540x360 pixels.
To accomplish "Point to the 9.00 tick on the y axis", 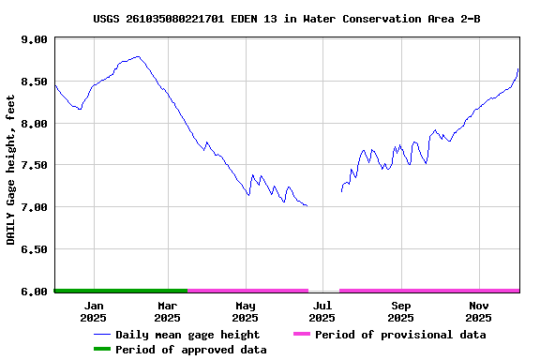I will click(x=34, y=40).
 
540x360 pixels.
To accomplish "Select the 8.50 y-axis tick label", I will click(x=34, y=82).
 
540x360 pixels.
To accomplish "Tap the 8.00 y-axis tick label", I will click(x=34, y=124).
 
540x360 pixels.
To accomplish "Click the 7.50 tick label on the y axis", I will click(x=34, y=165).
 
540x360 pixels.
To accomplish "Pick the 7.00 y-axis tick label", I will click(x=34, y=207).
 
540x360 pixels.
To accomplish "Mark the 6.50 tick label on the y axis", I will click(x=34, y=249).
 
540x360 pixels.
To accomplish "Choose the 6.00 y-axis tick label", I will click(x=34, y=291).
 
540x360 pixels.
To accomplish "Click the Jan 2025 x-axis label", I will click(x=94, y=311).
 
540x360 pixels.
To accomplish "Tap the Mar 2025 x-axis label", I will click(x=167, y=311).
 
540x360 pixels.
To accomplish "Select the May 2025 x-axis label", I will click(x=246, y=311).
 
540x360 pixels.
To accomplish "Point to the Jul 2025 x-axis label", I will click(x=322, y=311).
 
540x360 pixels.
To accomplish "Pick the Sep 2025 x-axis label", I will click(x=401, y=311).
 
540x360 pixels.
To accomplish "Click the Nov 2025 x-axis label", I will click(x=479, y=311).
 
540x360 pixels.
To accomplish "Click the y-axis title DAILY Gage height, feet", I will click(x=11, y=165).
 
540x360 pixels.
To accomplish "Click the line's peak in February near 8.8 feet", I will click(x=138, y=56).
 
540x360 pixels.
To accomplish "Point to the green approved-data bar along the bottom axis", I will click(x=121, y=291).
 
